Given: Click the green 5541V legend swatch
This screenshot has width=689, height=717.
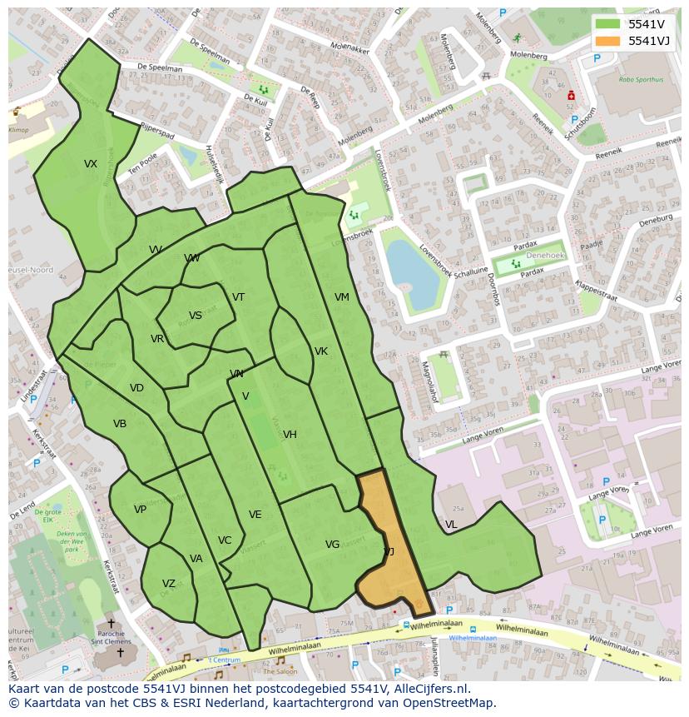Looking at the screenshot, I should click(x=607, y=24).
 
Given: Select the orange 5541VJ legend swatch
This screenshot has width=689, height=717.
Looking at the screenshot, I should click(x=607, y=41).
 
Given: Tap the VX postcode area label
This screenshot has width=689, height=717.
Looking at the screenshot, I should click(x=91, y=164).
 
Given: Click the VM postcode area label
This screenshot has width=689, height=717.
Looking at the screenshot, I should click(x=342, y=297).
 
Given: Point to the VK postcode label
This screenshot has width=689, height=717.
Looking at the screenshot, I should click(x=321, y=351).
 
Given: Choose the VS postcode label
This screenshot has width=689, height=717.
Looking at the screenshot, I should click(x=196, y=316).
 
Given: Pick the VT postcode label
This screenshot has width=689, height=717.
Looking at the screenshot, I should click(x=239, y=297).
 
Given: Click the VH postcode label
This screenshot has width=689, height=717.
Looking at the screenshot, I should click(x=290, y=435).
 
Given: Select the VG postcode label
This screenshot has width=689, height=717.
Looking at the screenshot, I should click(x=333, y=545).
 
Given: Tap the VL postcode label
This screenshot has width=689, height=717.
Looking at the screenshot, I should click(x=451, y=525).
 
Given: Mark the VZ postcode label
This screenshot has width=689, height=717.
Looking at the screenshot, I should click(x=169, y=584).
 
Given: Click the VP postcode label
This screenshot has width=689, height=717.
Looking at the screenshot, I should click(x=140, y=510).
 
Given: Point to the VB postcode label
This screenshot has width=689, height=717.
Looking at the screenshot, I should click(x=120, y=424).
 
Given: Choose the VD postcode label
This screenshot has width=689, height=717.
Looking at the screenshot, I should click(x=136, y=388).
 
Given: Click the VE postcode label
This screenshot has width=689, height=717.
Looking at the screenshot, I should click(x=255, y=515).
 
